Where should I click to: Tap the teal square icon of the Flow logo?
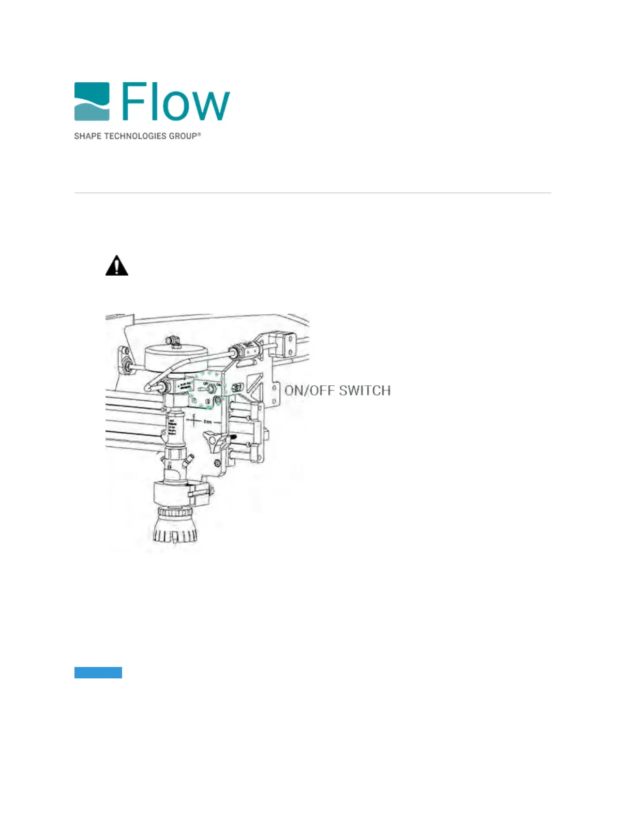click(x=92, y=101)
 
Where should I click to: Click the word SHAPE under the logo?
click(x=87, y=136)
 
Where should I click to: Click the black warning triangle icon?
click(x=117, y=266)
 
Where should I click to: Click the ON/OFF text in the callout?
click(x=309, y=390)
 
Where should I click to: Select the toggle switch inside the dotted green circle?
click(x=209, y=389)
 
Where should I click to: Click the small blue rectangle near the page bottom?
click(x=98, y=672)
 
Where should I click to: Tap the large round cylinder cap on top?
click(x=171, y=357)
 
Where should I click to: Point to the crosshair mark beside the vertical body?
click(x=194, y=421)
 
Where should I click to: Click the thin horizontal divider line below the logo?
click(x=312, y=193)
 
